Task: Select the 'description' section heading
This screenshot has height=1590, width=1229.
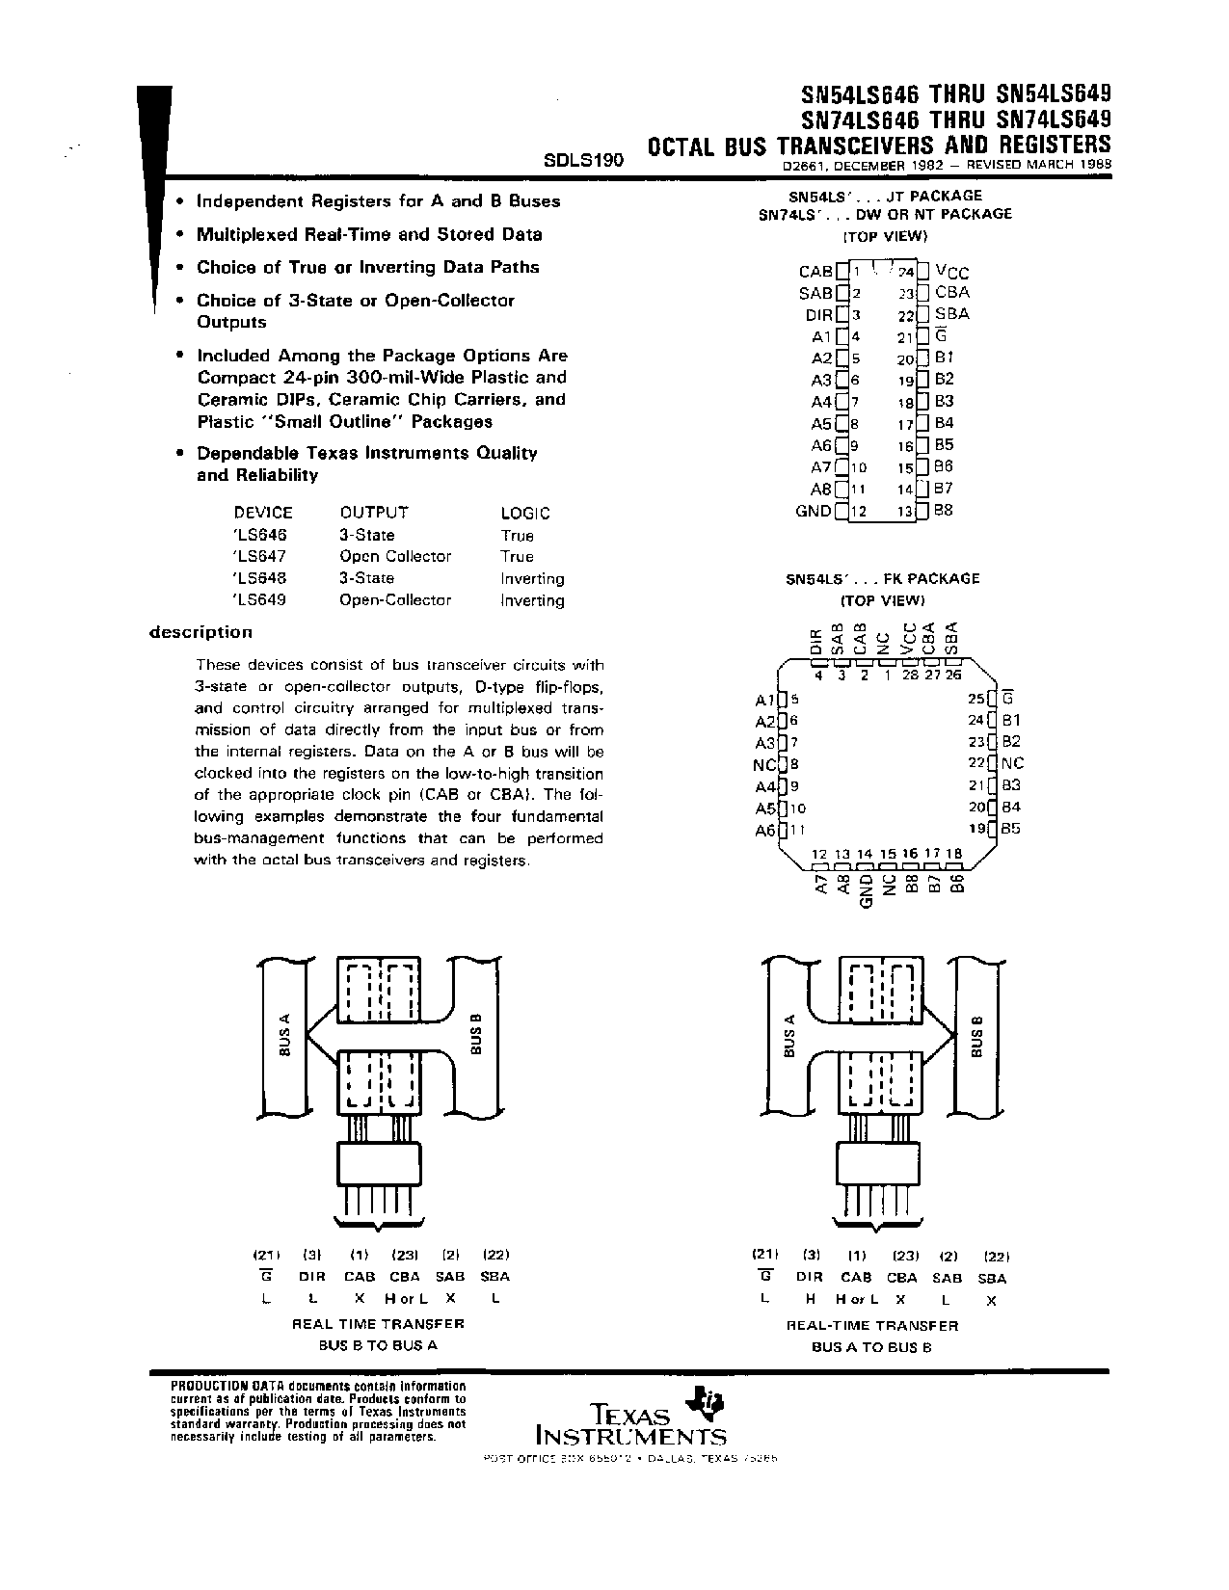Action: (x=200, y=632)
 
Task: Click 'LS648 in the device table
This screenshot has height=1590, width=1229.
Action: (x=260, y=578)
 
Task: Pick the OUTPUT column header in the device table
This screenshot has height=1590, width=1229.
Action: (x=374, y=513)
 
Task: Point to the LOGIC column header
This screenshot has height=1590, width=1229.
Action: (x=525, y=514)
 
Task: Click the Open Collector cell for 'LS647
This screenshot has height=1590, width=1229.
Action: (x=395, y=556)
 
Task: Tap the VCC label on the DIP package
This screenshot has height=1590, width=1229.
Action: (x=952, y=273)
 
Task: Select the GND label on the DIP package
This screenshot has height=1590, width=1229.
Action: (x=814, y=511)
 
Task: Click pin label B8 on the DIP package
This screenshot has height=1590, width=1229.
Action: (x=944, y=511)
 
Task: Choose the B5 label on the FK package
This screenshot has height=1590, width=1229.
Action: (x=1010, y=829)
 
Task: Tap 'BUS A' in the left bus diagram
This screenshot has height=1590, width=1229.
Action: (x=284, y=1037)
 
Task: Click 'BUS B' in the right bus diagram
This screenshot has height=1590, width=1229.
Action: (x=976, y=1037)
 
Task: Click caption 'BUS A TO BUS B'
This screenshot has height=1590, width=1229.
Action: (x=871, y=1346)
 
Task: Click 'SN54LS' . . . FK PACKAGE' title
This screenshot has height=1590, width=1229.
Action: (x=882, y=578)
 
